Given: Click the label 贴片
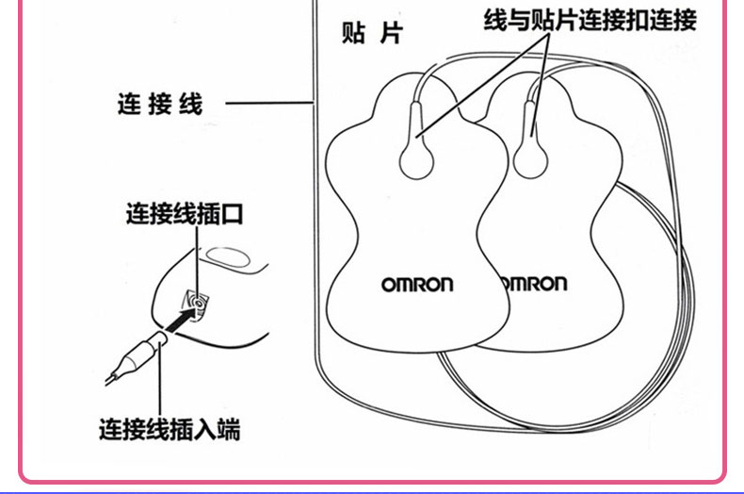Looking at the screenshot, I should click(371, 35).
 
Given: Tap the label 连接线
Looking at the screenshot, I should click(160, 103).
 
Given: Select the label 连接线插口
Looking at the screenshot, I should click(185, 214).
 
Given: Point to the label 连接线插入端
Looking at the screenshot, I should click(170, 431).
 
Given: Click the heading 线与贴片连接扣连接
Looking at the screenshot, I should click(590, 20).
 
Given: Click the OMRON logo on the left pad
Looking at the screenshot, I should click(417, 284).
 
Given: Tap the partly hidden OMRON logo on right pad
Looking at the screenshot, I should click(532, 284).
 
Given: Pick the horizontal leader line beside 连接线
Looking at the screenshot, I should click(267, 103).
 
